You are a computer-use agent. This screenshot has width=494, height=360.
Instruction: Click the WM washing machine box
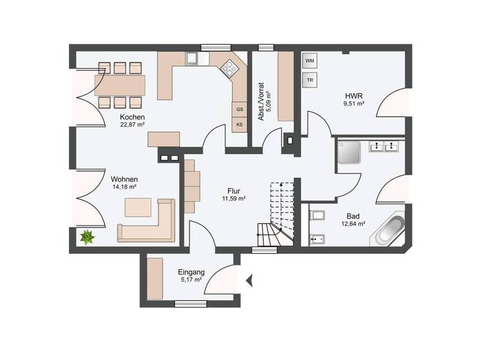click(310, 61)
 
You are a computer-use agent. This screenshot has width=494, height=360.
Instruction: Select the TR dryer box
click(310, 80)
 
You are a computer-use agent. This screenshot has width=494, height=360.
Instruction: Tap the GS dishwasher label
click(239, 109)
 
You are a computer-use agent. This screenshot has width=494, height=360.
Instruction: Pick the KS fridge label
click(239, 125)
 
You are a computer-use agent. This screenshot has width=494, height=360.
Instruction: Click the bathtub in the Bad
click(389, 230)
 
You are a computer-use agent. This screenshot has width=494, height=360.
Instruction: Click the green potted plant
click(87, 237)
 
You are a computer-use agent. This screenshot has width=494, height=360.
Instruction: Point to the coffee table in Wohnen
click(139, 207)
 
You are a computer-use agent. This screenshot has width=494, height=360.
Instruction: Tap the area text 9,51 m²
click(354, 103)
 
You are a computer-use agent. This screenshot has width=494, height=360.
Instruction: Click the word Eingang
click(191, 272)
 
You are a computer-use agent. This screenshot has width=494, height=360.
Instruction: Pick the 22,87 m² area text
click(132, 125)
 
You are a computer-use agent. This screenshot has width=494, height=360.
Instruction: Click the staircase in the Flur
click(277, 212)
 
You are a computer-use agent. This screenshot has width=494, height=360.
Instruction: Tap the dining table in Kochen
click(120, 84)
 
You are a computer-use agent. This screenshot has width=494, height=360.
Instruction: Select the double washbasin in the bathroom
click(385, 147)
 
